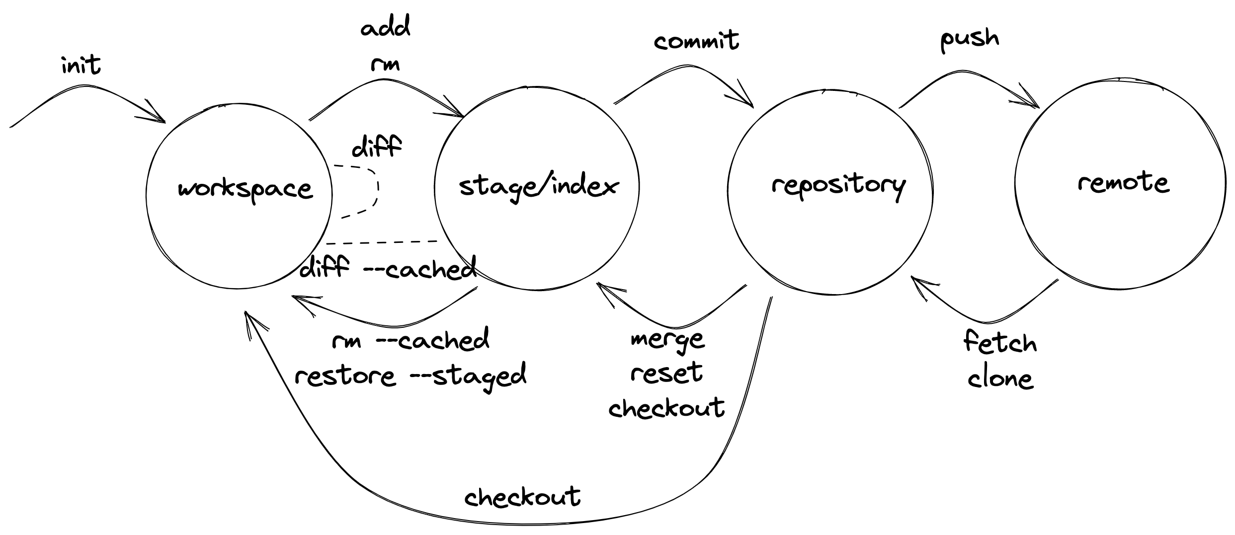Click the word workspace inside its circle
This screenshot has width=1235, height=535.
[x=245, y=189]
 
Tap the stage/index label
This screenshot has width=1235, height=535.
[x=538, y=187]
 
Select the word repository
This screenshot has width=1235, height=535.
[x=838, y=185]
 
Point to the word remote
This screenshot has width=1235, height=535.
[x=1123, y=183]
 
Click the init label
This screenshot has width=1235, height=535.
[x=81, y=65]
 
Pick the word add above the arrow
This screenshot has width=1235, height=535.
[x=386, y=27]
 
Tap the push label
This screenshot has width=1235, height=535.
[x=969, y=40]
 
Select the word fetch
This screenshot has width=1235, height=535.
[x=1000, y=342]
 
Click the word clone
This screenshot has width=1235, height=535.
[x=1000, y=379]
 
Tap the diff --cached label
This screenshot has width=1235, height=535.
[x=388, y=269]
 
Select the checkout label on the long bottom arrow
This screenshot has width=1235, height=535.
[x=522, y=496]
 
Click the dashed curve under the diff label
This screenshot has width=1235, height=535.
[x=376, y=191]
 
